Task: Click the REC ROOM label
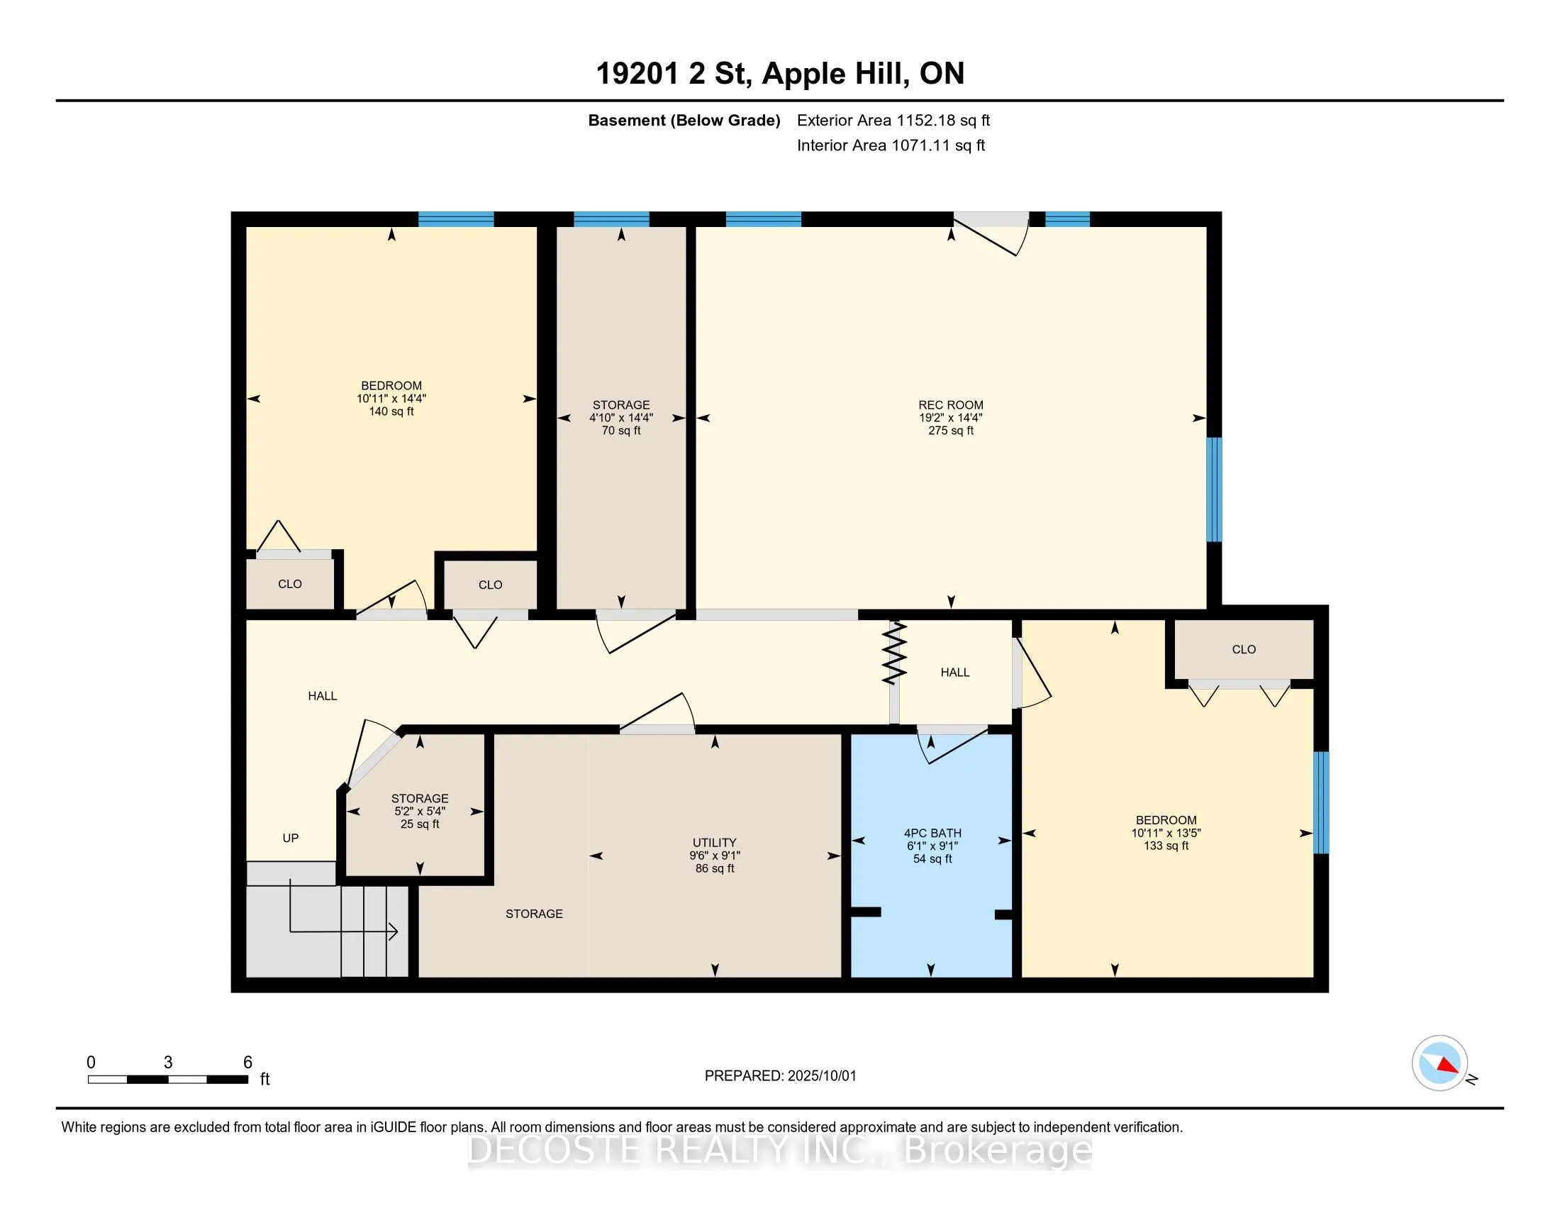coord(951,405)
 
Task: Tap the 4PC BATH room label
coord(932,833)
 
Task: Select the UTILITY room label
coord(714,843)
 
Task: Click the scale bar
coord(168,1079)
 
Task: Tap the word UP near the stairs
coord(290,838)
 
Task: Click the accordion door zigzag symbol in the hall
coord(894,652)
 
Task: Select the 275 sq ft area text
coord(951,431)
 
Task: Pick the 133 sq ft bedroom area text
coord(1166,846)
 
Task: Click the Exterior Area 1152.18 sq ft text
coord(893,120)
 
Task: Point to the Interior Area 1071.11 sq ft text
coord(891,145)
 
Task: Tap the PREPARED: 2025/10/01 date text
coord(780,1076)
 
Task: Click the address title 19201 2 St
coord(673,74)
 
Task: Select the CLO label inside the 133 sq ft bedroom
coord(1244,649)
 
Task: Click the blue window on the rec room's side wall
coord(1214,489)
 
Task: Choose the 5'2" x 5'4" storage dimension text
coord(420,812)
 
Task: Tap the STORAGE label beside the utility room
coord(534,914)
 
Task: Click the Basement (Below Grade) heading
coord(684,120)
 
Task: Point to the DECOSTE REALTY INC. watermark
coord(779,1149)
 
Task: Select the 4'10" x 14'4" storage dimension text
coord(620,418)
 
